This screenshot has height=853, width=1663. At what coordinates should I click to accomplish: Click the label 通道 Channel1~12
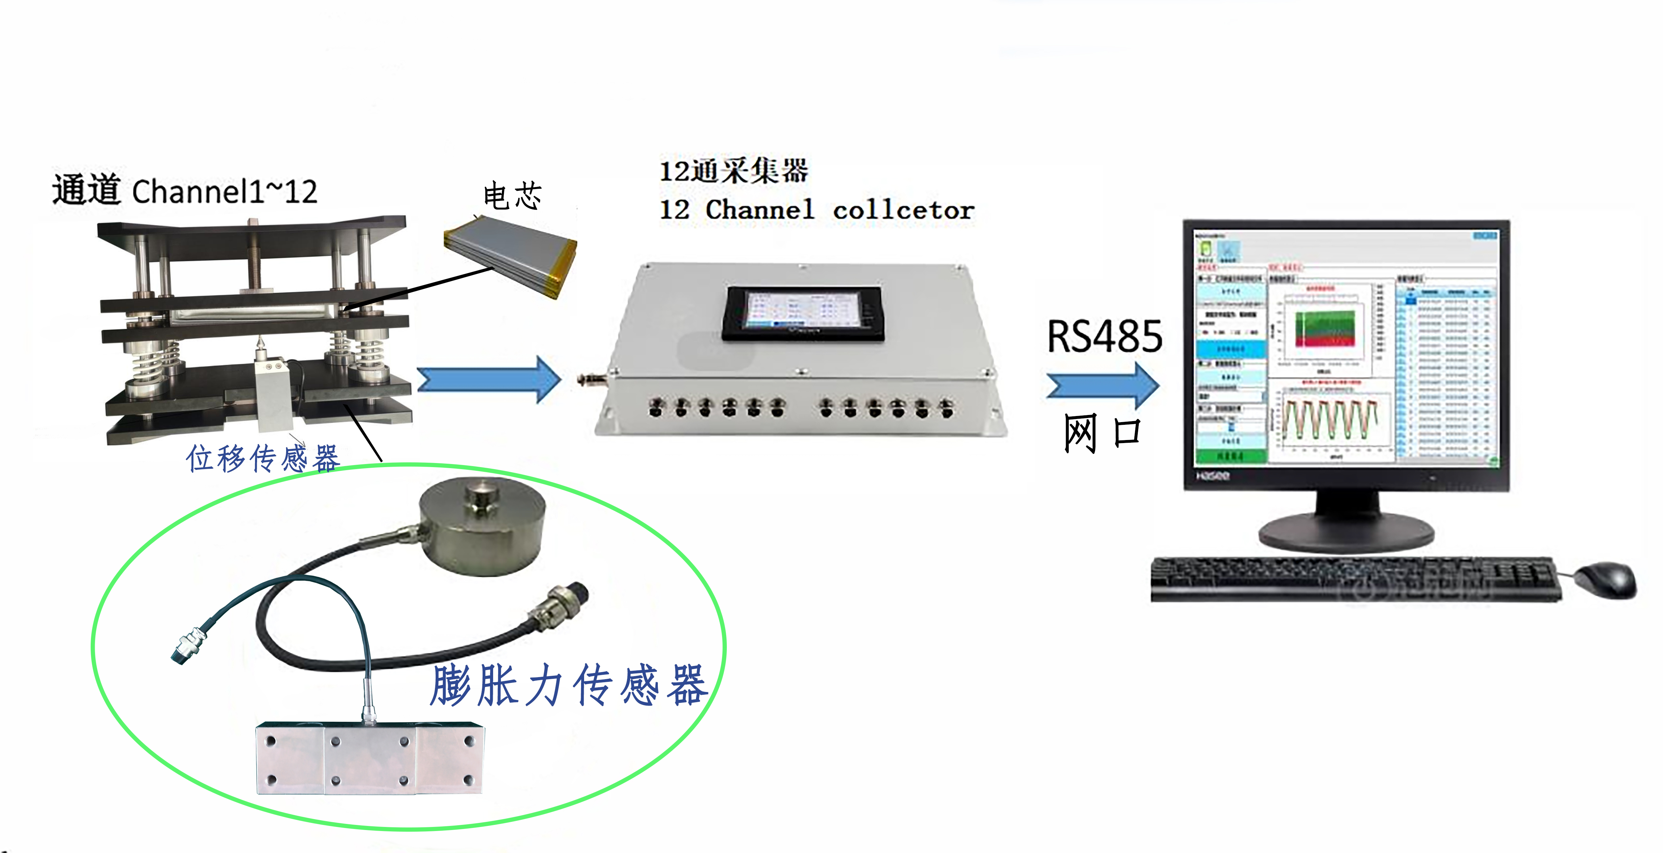click(x=185, y=191)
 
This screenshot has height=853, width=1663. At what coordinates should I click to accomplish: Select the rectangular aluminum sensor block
click(x=370, y=759)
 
